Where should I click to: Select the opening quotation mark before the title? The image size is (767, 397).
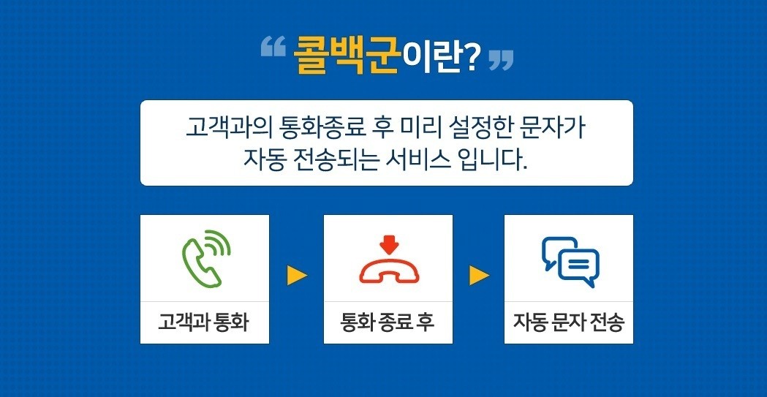click(x=273, y=48)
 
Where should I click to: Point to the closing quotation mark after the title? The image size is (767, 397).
click(x=501, y=60)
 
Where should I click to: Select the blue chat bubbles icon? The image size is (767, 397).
click(x=570, y=262)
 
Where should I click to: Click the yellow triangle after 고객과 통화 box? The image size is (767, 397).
click(x=297, y=275)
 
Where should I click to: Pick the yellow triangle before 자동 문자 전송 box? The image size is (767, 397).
click(x=479, y=275)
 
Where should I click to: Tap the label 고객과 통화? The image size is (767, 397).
click(x=203, y=322)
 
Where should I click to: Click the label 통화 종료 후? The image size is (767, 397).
click(x=388, y=322)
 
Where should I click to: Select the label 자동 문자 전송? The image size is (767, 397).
click(x=569, y=322)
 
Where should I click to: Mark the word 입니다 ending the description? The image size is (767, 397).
click(x=491, y=160)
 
